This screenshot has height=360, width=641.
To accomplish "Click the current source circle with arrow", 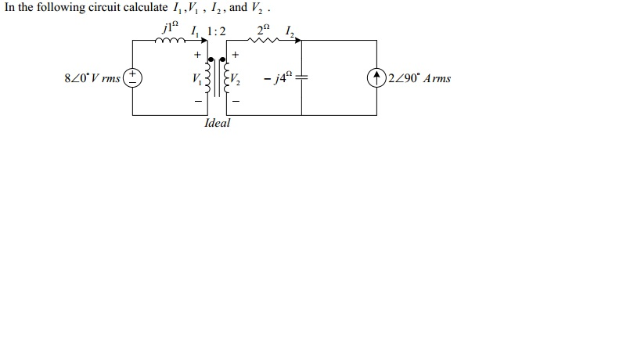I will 380,78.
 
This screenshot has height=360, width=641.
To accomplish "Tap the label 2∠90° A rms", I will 420,78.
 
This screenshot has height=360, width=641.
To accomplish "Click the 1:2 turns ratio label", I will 214,31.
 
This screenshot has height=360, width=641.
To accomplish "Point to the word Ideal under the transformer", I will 217,124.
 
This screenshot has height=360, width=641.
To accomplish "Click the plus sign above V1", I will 198,55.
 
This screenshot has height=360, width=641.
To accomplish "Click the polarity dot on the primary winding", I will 213,58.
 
